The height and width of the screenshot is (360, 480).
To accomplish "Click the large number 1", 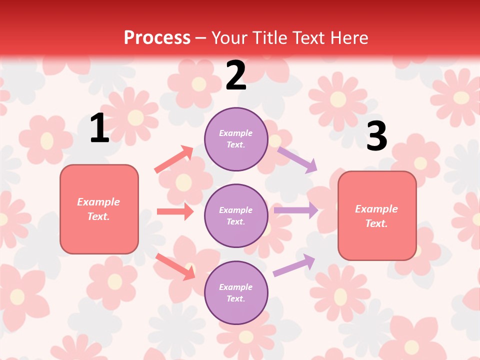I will tap(99, 128).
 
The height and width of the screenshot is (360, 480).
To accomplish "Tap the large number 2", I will tap(236, 75).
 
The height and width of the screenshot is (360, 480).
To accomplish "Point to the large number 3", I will tap(376, 136).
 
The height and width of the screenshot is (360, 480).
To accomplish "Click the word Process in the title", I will tap(157, 37).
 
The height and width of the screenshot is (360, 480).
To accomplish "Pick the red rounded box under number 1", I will tap(99, 209).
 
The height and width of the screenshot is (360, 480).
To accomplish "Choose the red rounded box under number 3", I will tap(377, 215).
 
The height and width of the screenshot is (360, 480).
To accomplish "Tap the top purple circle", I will tap(236, 139).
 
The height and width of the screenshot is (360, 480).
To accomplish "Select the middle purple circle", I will tap(236, 215).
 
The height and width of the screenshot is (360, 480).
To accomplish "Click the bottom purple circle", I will tap(236, 292).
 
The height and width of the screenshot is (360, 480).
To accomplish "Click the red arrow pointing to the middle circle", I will tap(175, 211).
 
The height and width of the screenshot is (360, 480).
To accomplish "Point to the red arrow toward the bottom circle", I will tap(175, 266).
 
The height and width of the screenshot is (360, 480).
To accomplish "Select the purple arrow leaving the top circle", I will tap(297, 159).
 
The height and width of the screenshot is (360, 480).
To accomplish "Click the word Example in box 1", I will tap(98, 202).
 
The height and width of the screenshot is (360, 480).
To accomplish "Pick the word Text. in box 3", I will tap(376, 223).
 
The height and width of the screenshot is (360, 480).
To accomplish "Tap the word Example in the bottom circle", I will tap(236, 287).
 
